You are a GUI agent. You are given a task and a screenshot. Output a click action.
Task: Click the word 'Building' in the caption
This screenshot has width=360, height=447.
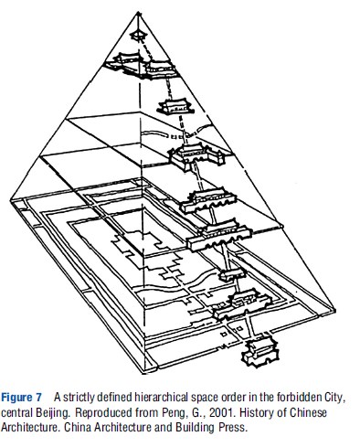(203, 428)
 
